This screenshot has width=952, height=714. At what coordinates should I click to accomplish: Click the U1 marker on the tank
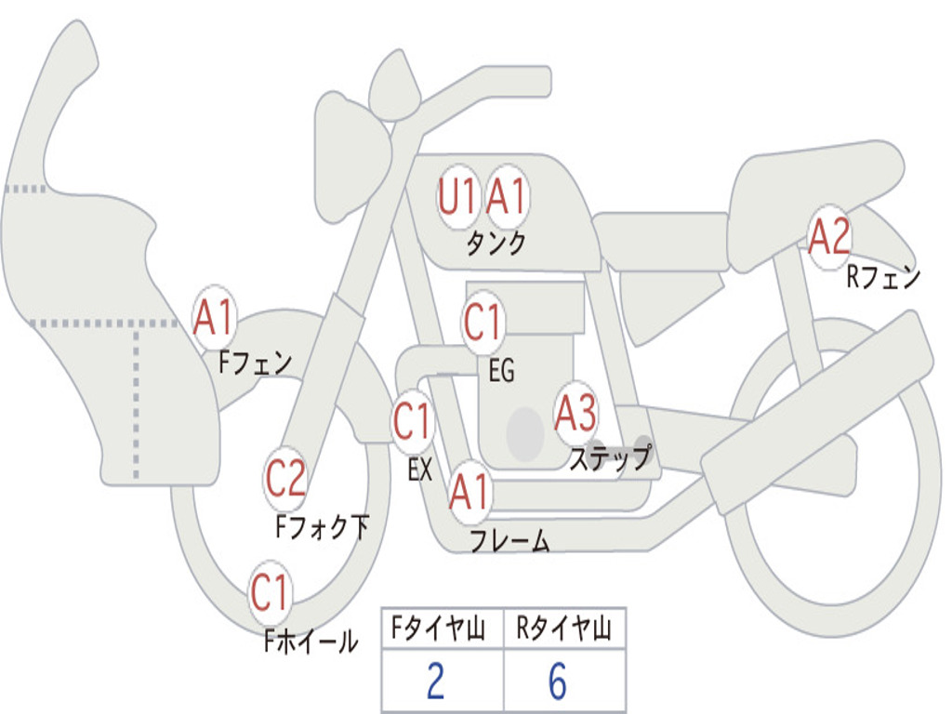point(458,197)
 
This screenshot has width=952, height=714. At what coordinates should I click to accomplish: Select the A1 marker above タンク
point(507,197)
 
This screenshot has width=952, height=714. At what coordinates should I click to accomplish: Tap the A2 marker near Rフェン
point(829,237)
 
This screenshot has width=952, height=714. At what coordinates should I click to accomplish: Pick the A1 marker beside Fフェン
point(214,317)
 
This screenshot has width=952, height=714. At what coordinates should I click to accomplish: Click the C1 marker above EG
point(483,322)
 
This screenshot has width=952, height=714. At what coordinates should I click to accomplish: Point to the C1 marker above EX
point(412,421)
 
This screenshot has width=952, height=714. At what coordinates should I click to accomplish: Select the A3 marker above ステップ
point(575,414)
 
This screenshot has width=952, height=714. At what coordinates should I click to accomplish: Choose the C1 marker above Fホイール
point(270,592)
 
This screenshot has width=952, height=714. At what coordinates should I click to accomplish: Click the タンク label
point(496,243)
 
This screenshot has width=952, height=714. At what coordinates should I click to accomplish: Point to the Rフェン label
point(883,277)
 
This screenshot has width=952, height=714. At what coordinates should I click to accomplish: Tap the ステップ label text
point(610,456)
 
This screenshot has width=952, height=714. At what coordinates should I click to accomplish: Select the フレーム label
point(510,540)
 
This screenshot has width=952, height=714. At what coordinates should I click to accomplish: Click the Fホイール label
point(311,641)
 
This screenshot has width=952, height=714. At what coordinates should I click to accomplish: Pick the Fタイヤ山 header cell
point(443,628)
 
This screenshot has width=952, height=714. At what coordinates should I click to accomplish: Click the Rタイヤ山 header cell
point(564,628)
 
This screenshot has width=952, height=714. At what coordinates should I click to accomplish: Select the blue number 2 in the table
point(435,681)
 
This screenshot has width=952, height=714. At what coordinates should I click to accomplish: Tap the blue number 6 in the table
point(558,681)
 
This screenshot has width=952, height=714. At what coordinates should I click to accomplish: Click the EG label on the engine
point(501,370)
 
